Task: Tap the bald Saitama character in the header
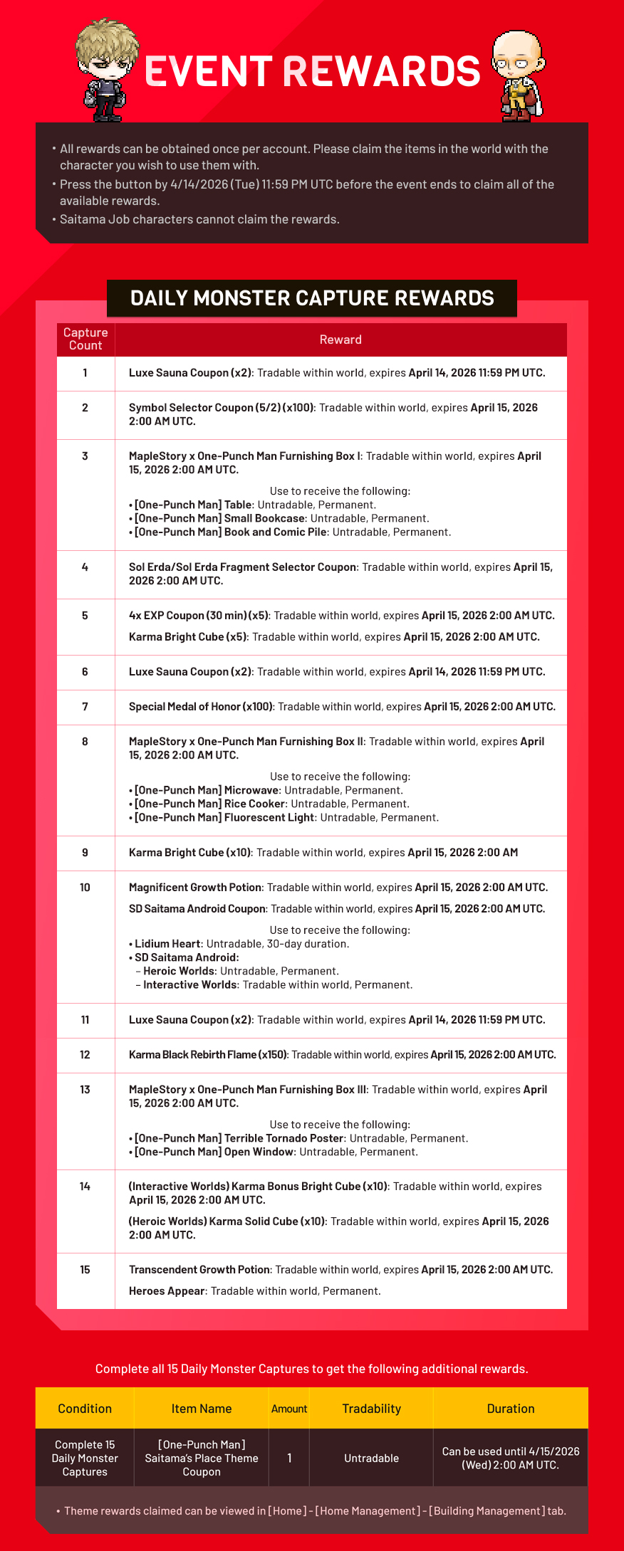(x=518, y=75)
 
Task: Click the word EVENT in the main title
(x=208, y=71)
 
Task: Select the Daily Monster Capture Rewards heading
(x=312, y=298)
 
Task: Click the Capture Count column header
(x=85, y=339)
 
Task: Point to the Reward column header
(x=340, y=340)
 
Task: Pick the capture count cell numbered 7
(x=85, y=707)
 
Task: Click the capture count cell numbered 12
(x=85, y=1055)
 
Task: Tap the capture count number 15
(x=85, y=1270)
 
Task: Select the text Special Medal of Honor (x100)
(x=201, y=707)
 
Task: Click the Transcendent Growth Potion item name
(x=199, y=1270)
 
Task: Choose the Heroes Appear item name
(x=167, y=1291)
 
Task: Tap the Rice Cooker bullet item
(x=210, y=804)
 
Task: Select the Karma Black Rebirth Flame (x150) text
(x=209, y=1055)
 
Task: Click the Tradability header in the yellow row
(x=371, y=1409)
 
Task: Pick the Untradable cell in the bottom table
(x=371, y=1458)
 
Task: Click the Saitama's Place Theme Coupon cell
(x=202, y=1458)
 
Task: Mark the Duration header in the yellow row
(x=510, y=1409)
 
